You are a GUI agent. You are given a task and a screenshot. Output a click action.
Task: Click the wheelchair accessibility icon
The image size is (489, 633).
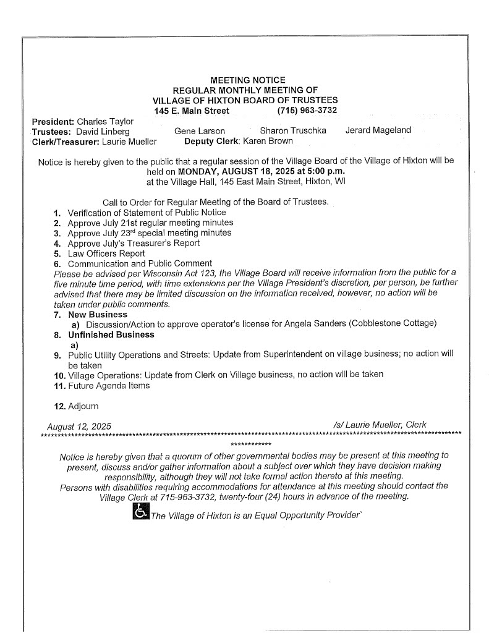(x=140, y=511)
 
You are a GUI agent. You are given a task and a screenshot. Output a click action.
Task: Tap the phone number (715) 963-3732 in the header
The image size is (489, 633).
(x=308, y=111)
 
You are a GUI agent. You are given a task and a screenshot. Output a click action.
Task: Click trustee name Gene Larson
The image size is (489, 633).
(x=200, y=131)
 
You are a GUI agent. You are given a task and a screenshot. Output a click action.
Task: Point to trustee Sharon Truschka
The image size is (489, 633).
(x=293, y=131)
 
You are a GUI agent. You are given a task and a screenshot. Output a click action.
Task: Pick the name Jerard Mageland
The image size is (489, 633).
(x=378, y=131)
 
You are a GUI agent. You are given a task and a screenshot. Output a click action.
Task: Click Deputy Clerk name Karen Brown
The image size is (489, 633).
(x=268, y=141)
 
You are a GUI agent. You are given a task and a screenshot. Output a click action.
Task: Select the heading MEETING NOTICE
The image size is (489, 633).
(x=248, y=80)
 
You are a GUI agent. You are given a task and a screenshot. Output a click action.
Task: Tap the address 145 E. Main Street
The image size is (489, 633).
(x=192, y=111)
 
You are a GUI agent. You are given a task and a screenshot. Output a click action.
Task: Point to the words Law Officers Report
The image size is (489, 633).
(x=106, y=253)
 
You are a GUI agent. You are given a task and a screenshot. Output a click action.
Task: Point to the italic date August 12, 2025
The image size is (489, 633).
(x=79, y=425)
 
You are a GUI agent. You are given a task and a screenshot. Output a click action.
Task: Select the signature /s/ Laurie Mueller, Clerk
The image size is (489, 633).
(x=379, y=425)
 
